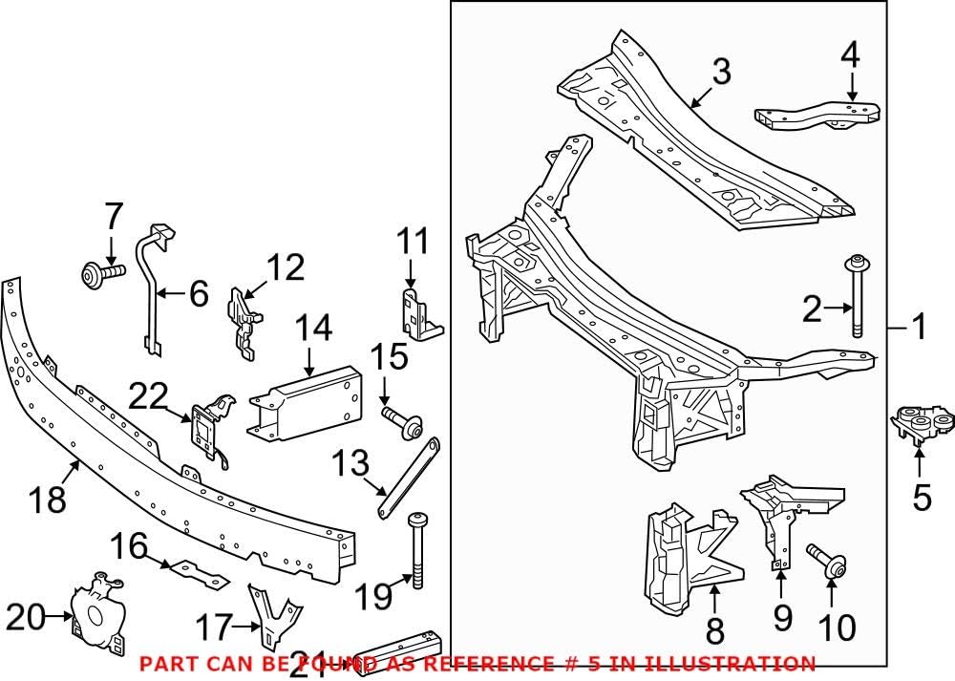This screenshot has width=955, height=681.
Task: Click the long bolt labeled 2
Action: click(857, 297)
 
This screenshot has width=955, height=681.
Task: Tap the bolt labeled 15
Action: click(402, 421)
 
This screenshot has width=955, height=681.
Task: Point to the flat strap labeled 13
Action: click(409, 478)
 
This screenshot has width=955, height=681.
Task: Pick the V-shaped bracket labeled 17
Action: click(271, 617)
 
